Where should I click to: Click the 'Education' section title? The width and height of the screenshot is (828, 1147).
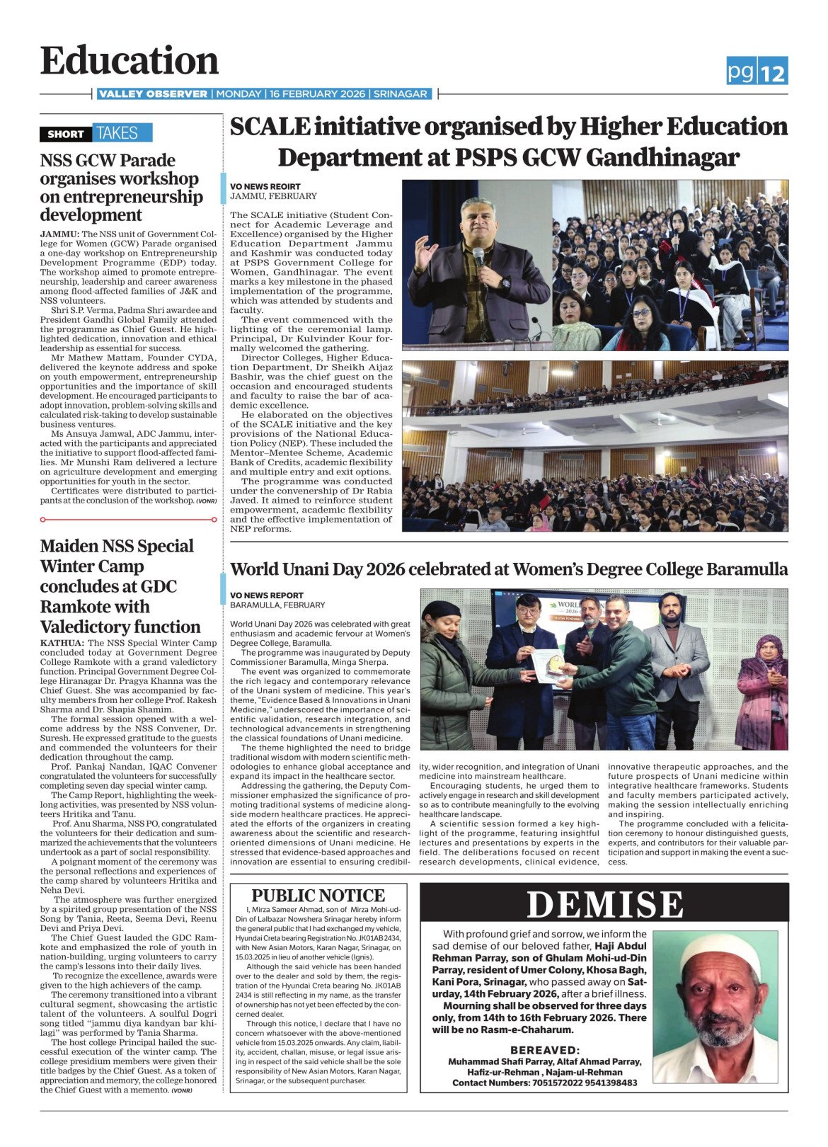tap(130, 61)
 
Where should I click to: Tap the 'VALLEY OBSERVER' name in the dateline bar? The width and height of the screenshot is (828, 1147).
tap(153, 94)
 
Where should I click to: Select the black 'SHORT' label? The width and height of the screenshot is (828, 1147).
tap(65, 133)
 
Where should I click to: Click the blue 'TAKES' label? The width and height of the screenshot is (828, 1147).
tap(117, 133)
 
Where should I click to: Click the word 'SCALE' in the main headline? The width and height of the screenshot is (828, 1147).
tap(270, 127)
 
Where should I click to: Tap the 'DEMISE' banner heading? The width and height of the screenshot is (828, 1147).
tap(605, 905)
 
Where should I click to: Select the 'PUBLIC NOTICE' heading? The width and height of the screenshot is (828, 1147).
tap(318, 896)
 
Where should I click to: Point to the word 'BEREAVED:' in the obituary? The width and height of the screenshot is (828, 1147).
tap(545, 1050)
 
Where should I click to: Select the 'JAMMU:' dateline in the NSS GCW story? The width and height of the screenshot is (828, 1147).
tap(59, 234)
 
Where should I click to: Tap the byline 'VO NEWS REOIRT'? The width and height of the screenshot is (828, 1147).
tap(265, 187)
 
